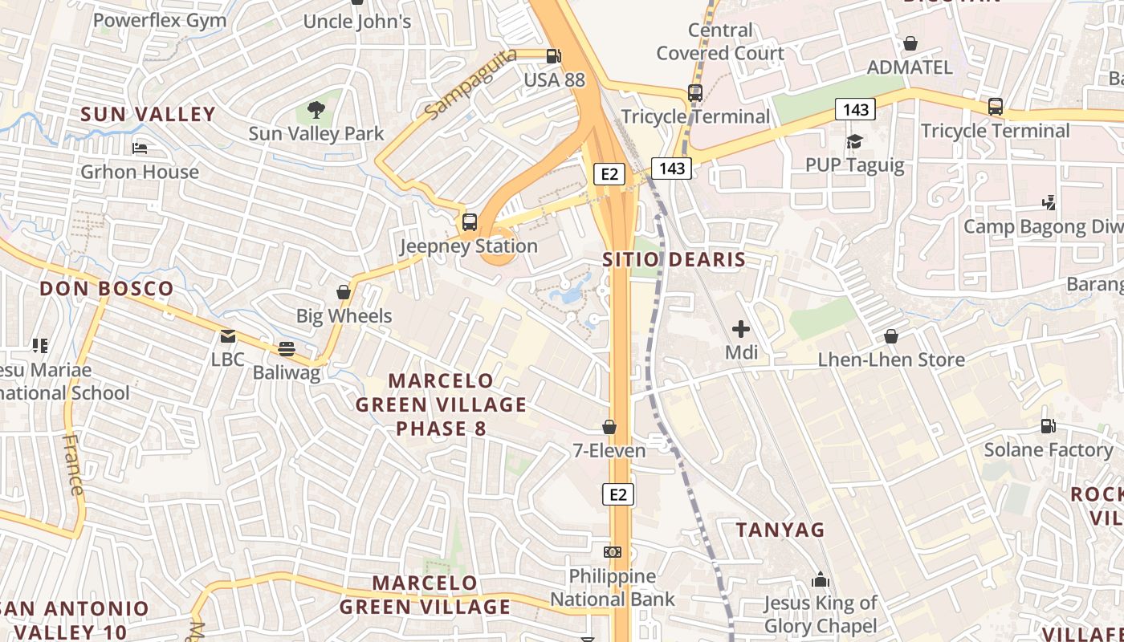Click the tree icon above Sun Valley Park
point(316,109)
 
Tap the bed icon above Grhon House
point(140,148)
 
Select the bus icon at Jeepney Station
point(470,222)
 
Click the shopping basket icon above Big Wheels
point(344,292)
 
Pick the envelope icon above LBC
point(228,336)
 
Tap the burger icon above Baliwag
point(287,349)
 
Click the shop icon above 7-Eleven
point(609,427)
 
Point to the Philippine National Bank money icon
point(613,552)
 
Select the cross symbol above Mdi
point(741,328)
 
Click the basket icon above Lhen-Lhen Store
point(891,336)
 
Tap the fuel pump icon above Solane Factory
point(1048,426)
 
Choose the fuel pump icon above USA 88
point(553,56)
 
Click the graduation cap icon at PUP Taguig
point(854,142)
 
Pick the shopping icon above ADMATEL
point(910,43)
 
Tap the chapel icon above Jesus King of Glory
point(821,579)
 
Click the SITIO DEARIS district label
point(674,260)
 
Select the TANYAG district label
point(780,530)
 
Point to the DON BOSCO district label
point(107,289)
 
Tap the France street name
point(73,465)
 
